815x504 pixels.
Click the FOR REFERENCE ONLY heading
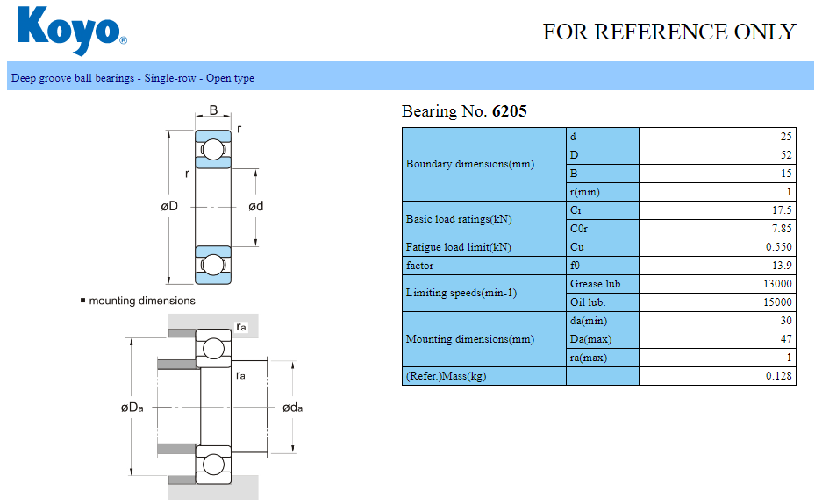[668, 32]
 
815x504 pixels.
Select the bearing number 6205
[510, 111]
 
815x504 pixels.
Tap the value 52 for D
[785, 155]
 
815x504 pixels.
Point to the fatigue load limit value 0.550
[778, 247]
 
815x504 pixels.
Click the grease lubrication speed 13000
[777, 284]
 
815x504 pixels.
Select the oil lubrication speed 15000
[777, 302]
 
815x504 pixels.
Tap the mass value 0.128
[778, 376]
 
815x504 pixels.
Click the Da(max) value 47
[785, 339]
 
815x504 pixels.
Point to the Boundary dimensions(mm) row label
[469, 164]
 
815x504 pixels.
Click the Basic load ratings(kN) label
[458, 219]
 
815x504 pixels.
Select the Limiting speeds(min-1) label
[461, 293]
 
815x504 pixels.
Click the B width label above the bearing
[213, 111]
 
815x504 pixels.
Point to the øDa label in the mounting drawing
[132, 408]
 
